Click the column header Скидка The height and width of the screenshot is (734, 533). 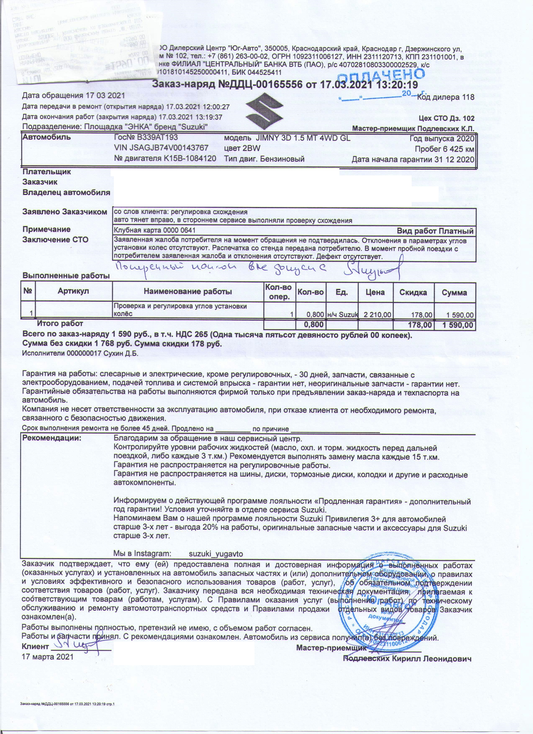[x=413, y=292]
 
